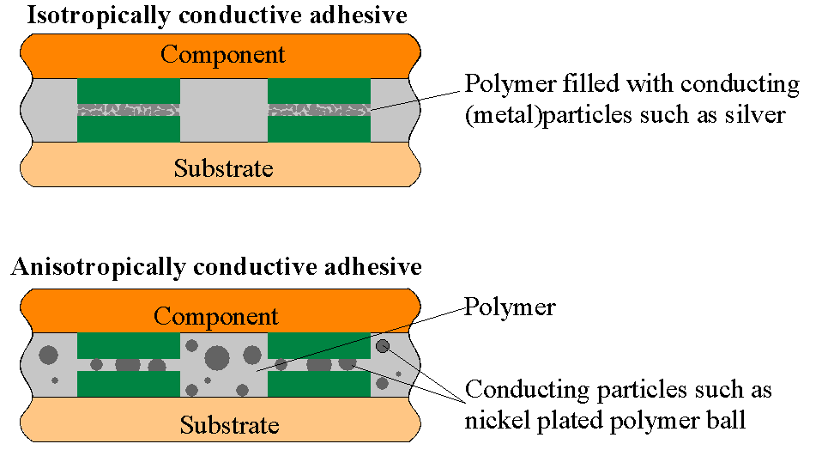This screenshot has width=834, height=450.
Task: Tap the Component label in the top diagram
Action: (222, 55)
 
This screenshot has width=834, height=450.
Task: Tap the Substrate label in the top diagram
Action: (223, 167)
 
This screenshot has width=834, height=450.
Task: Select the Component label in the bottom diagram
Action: (216, 315)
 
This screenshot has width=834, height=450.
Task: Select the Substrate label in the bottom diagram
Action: (229, 424)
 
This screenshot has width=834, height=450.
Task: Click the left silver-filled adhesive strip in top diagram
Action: (129, 110)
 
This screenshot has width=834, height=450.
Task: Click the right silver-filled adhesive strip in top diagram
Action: (319, 110)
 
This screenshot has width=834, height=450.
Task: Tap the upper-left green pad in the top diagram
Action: (129, 91)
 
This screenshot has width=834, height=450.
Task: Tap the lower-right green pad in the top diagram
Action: (319, 128)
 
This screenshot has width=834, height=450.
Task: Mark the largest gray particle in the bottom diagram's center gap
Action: (216, 356)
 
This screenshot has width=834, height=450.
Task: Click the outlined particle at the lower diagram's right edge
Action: (383, 346)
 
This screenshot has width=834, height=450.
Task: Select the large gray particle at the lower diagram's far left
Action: (49, 354)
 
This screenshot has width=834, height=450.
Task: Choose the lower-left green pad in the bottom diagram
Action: (129, 384)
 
